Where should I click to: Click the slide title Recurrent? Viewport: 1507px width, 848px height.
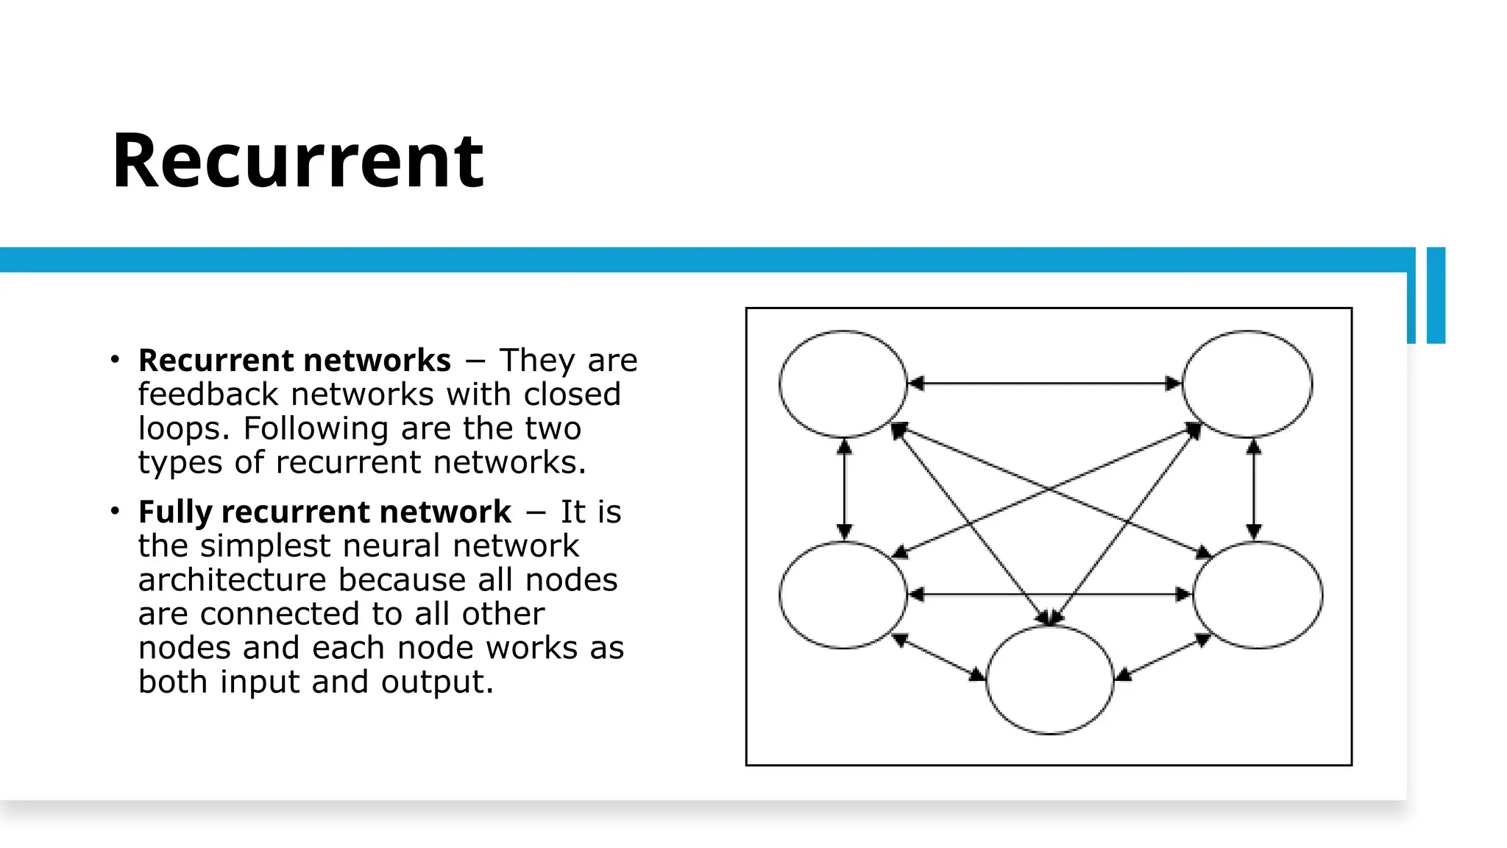297,160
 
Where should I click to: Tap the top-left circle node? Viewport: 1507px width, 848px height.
843,384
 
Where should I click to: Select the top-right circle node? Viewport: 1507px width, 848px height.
1247,384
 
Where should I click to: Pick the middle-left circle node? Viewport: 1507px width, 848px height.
843,595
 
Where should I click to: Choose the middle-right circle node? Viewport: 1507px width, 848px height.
1258,595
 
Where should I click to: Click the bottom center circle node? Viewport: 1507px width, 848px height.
1050,679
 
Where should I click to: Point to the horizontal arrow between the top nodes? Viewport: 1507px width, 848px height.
1045,384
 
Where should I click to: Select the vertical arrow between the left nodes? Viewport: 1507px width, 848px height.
845,490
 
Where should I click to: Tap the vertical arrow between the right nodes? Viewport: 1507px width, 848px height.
1255,490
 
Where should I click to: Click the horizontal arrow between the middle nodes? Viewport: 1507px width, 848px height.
1050,594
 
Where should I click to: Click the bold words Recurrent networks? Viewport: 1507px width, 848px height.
294,361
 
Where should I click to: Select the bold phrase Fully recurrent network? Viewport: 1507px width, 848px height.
325,512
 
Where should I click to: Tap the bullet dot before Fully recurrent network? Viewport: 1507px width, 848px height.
115,511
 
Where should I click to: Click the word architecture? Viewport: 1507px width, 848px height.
233,580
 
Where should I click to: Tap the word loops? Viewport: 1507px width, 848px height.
184,428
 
